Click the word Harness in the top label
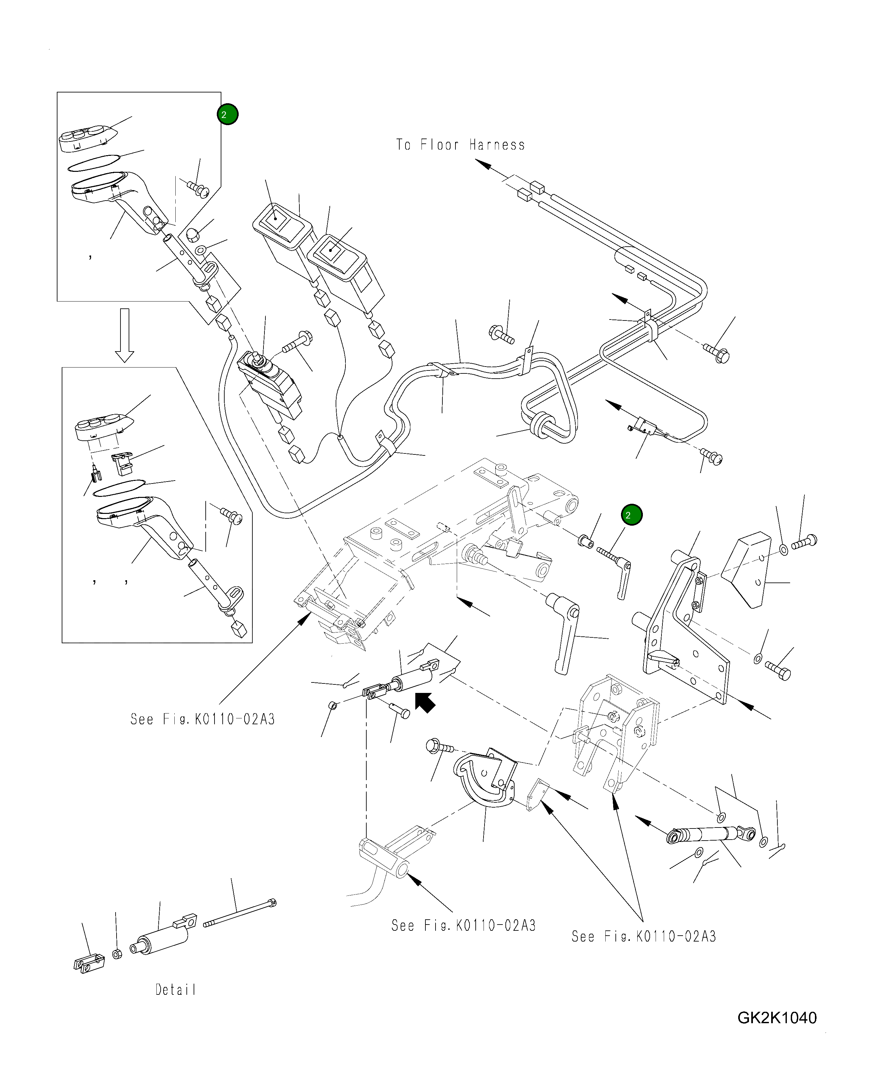[497, 145]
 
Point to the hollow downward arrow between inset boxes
[124, 335]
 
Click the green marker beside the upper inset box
[227, 114]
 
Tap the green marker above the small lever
[631, 515]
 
